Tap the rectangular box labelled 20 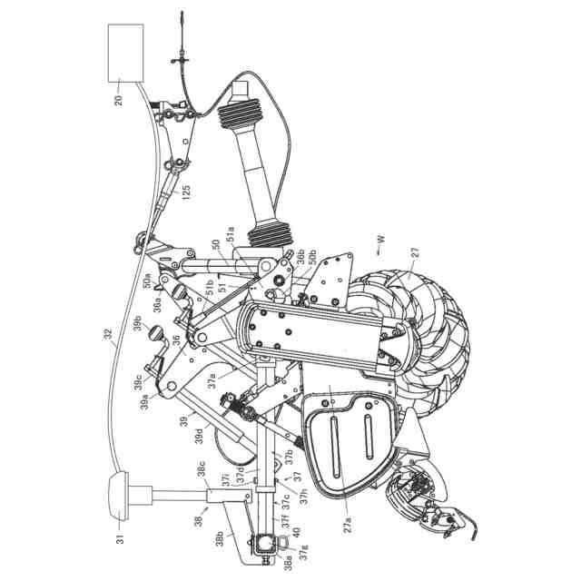[x=125, y=52]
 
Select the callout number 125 [x=186, y=192]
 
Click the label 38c [x=202, y=471]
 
